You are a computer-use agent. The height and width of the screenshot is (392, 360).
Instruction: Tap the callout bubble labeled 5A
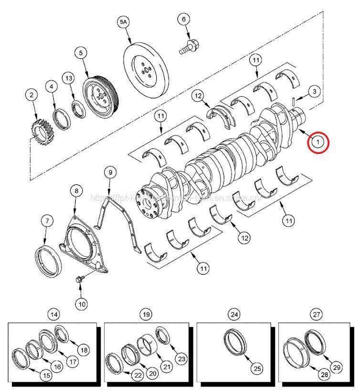pos(124,22)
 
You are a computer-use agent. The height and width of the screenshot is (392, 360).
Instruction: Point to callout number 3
pos(313,91)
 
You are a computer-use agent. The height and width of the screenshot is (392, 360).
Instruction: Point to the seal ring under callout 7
pos(48,258)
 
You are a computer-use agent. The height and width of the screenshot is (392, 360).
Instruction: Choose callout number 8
pos(75,191)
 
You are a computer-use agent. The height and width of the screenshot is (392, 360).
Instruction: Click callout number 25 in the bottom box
pos(257,369)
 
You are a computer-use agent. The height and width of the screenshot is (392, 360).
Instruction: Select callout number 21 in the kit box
pos(167,367)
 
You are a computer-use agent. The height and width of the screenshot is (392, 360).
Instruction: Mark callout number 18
pos(84,350)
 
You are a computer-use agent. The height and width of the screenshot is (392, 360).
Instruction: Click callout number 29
pos(337,367)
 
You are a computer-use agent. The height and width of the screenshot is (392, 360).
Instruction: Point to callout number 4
pos(52,86)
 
